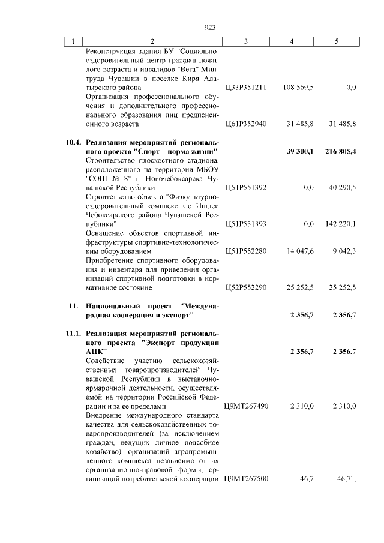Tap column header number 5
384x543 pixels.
[336, 41]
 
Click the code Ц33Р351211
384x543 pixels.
[245, 87]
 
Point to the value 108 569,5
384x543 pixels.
[298, 87]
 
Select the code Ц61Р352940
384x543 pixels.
[245, 124]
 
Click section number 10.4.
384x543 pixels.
[72, 143]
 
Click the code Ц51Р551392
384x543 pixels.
[245, 188]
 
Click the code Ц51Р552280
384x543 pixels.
[245, 251]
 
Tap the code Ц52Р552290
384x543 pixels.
[245, 288]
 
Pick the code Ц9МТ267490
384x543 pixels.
[245, 407]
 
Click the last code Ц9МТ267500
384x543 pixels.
[245, 479]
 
